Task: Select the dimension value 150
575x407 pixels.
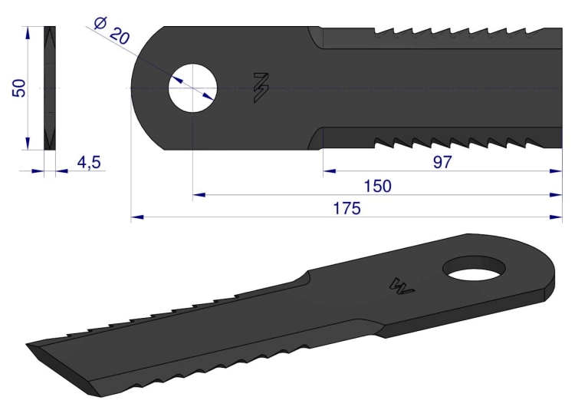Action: pyautogui.click(x=377, y=186)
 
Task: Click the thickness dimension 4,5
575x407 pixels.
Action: pyautogui.click(x=89, y=162)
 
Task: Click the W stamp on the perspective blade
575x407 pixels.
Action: pyautogui.click(x=402, y=286)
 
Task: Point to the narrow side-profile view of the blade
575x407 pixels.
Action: pyautogui.click(x=51, y=88)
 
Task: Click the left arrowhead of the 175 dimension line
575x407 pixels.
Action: pyautogui.click(x=137, y=217)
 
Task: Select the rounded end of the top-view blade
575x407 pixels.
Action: pyautogui.click(x=146, y=88)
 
